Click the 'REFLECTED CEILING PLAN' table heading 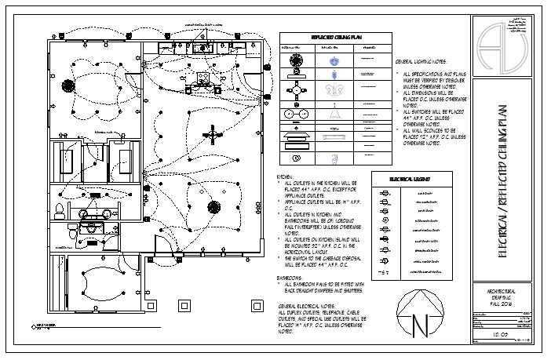pos(335,37)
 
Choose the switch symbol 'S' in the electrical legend pos(384,272)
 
